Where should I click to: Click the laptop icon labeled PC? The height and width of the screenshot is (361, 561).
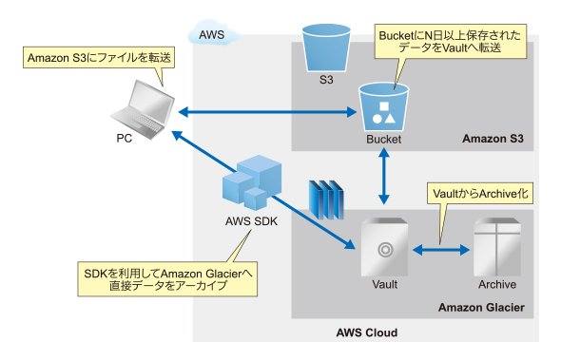click(x=144, y=110)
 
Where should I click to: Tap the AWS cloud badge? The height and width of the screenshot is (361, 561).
click(x=214, y=33)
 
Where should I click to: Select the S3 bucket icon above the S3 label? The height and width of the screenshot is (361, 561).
click(x=326, y=47)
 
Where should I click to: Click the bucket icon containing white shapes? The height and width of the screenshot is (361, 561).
click(x=383, y=107)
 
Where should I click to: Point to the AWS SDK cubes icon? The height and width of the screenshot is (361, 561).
click(x=252, y=182)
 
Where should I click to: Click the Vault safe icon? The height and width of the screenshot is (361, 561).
click(x=384, y=247)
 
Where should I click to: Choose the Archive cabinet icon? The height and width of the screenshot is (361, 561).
click(x=497, y=247)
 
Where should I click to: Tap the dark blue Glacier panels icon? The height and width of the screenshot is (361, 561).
click(x=326, y=199)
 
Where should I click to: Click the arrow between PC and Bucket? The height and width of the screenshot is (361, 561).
click(x=267, y=112)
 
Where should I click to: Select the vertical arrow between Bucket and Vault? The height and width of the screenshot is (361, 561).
click(x=384, y=176)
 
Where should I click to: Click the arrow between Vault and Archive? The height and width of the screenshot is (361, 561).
click(x=441, y=250)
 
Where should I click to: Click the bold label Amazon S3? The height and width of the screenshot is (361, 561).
click(x=493, y=139)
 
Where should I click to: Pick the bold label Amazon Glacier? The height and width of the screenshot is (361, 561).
click(x=481, y=308)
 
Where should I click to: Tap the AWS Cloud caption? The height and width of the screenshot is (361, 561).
click(x=367, y=332)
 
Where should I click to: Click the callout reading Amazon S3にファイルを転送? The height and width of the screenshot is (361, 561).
click(x=99, y=57)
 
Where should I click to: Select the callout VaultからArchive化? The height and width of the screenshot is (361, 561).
click(x=480, y=194)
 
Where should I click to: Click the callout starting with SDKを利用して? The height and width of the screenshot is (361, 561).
click(x=167, y=279)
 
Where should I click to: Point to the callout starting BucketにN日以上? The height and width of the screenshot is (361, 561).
click(x=450, y=41)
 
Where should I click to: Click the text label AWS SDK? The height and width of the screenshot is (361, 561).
click(x=251, y=221)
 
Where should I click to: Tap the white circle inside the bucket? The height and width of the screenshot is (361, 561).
click(x=377, y=119)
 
